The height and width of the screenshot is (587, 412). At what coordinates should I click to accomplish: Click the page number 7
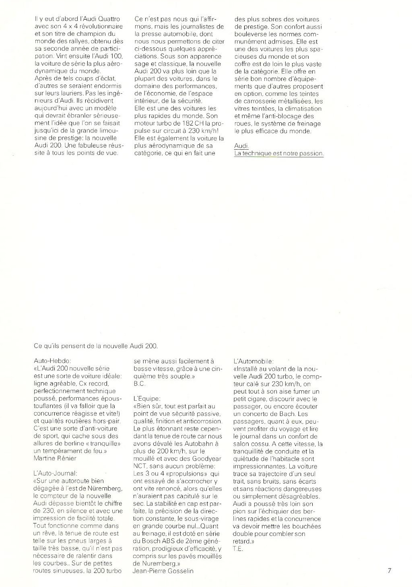point(389,570)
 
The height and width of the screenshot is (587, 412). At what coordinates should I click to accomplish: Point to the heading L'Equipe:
point(147,398)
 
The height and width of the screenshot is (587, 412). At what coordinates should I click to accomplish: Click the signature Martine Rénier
point(56,458)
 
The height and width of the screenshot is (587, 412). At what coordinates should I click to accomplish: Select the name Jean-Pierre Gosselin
point(163,571)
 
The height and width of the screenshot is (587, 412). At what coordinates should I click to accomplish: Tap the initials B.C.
point(139,383)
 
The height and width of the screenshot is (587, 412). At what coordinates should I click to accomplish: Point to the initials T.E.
point(238,549)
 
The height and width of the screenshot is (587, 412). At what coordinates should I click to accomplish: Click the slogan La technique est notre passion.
point(279,153)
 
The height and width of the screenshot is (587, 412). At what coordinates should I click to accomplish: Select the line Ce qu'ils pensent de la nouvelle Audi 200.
point(96,345)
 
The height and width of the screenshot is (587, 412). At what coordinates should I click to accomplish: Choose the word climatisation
point(302,109)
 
